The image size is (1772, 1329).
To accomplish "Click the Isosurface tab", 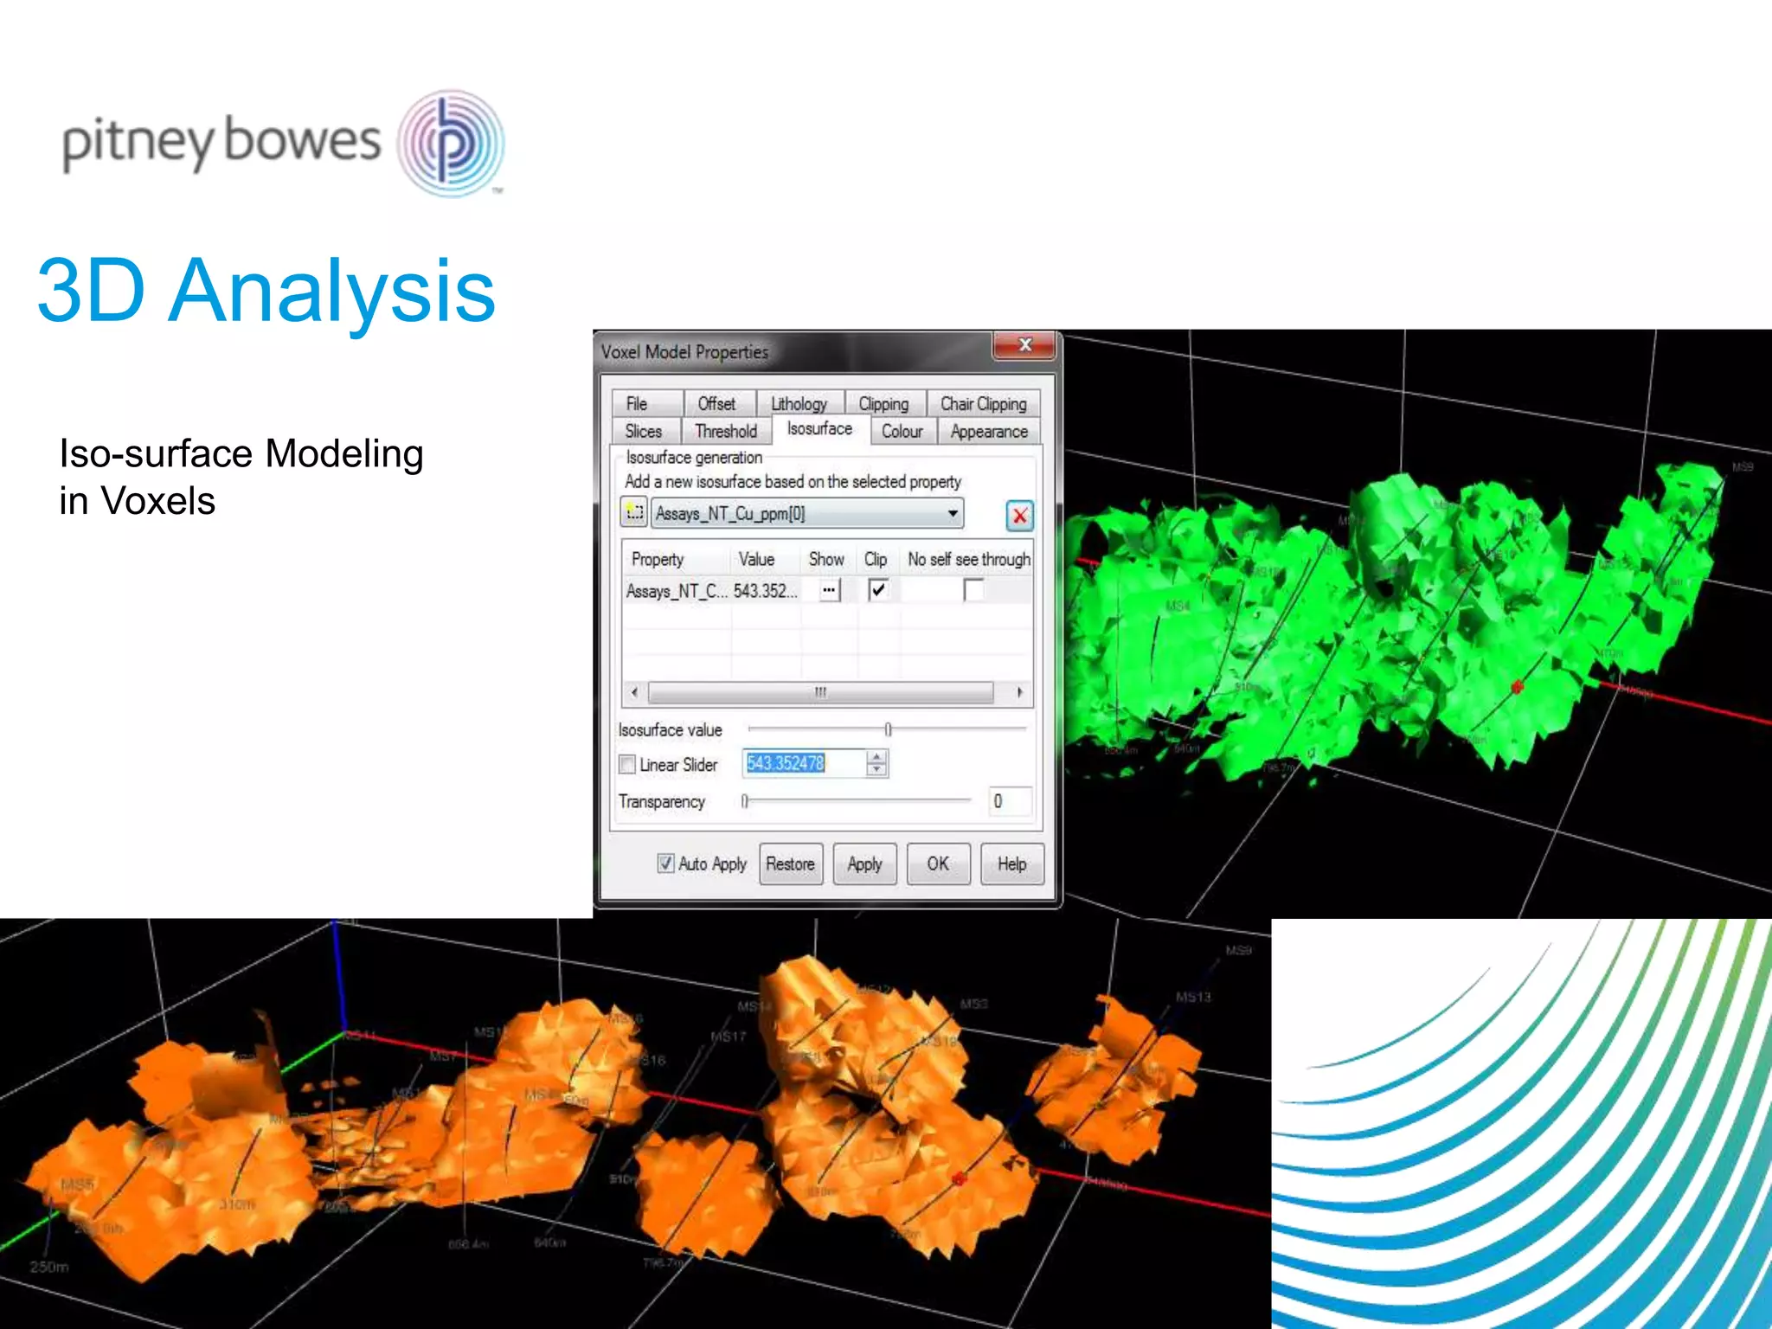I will (819, 429).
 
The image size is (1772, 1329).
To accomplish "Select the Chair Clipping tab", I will (983, 404).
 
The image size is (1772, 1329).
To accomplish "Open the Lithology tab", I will (799, 404).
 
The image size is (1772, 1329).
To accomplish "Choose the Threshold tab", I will (725, 431).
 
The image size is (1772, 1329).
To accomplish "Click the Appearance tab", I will (989, 431).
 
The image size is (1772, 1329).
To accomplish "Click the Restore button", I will (790, 864).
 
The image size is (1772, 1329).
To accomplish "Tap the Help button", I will (1011, 864).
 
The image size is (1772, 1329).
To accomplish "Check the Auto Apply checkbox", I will (665, 864).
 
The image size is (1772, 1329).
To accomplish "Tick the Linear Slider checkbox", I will (627, 765).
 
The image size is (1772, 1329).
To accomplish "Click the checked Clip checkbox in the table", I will (877, 590).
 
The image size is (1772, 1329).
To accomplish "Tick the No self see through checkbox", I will (973, 590).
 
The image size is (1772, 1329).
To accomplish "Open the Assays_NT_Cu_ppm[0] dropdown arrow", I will (953, 514).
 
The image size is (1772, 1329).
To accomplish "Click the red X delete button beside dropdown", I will (1020, 516).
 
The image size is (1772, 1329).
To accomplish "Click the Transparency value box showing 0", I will (1009, 801).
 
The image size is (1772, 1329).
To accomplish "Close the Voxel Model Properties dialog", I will (1024, 345).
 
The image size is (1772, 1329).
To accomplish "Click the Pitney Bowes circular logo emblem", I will (451, 144).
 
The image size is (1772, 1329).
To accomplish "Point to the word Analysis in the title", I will (332, 292).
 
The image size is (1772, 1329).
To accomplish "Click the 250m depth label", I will (49, 1267).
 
